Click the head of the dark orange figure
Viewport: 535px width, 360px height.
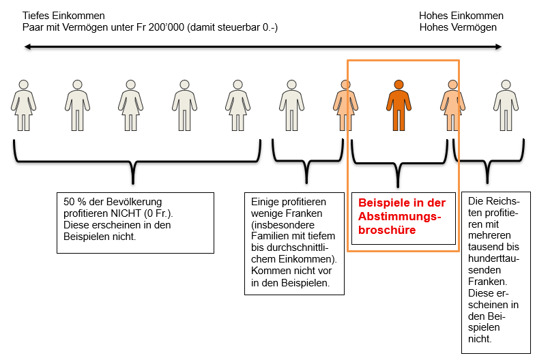[x=399, y=85]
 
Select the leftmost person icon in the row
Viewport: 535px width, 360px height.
[x=23, y=105]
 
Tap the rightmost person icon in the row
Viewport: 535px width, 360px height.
[x=506, y=105]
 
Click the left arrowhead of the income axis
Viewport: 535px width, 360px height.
[x=27, y=46]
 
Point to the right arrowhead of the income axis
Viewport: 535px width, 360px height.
[x=498, y=46]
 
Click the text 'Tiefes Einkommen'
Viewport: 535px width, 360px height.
[x=63, y=16]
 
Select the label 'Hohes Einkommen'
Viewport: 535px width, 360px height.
[x=461, y=16]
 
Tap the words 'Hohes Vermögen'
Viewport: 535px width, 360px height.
[x=458, y=27]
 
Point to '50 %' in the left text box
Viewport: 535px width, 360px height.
[x=72, y=202]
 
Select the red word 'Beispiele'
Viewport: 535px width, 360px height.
[x=382, y=203]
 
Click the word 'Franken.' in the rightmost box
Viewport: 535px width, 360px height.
[x=487, y=282]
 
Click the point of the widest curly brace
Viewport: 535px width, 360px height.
[x=133, y=183]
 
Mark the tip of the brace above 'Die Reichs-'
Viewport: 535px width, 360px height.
[x=487, y=183]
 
